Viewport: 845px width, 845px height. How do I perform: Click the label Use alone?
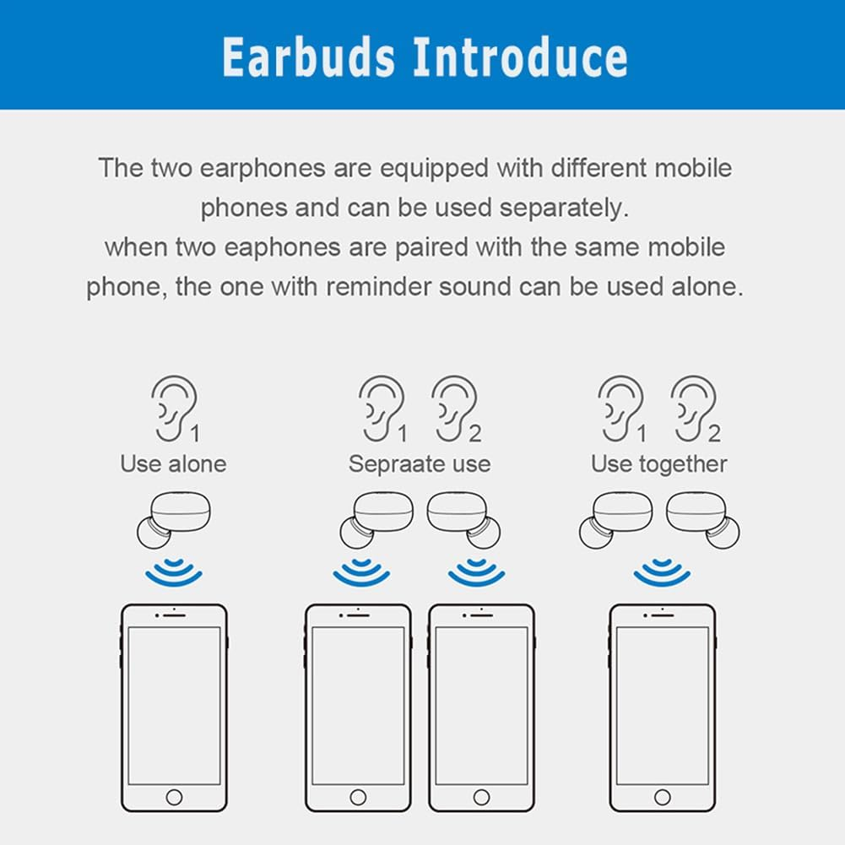tap(173, 463)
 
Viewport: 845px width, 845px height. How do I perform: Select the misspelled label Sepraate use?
tap(419, 463)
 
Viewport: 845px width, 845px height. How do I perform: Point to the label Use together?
tap(658, 463)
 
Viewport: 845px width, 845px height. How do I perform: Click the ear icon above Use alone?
tap(174, 407)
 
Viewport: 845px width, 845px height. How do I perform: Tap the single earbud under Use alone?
tap(173, 517)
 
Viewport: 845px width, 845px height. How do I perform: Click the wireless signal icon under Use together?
tap(663, 571)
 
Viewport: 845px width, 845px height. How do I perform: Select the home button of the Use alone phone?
tap(174, 797)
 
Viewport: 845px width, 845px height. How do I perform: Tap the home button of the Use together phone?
tap(663, 797)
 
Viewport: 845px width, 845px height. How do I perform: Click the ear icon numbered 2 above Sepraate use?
tap(454, 407)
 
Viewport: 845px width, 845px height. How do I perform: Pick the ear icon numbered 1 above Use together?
tap(620, 407)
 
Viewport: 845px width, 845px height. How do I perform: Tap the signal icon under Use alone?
tap(173, 571)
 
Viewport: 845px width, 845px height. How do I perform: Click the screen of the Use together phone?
tap(663, 705)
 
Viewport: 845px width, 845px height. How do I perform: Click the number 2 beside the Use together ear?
tap(714, 434)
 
